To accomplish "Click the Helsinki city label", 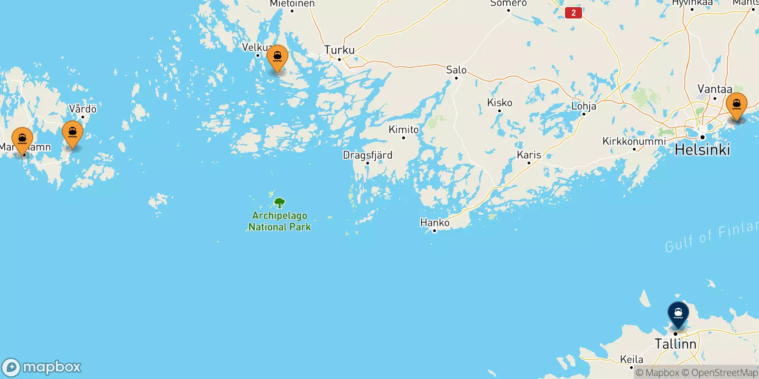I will pyautogui.click(x=702, y=150).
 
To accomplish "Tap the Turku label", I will pyautogui.click(x=339, y=50).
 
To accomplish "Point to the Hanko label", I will pyautogui.click(x=435, y=222).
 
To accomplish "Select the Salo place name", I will pyautogui.click(x=456, y=70).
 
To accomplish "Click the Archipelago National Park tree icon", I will pyautogui.click(x=280, y=203).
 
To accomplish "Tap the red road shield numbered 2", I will pyautogui.click(x=574, y=13).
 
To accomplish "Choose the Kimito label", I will pyautogui.click(x=404, y=129).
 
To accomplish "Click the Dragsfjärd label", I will pyautogui.click(x=368, y=155).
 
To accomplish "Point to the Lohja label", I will pyautogui.click(x=583, y=106).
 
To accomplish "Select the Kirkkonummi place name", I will pyautogui.click(x=634, y=141).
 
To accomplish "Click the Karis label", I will pyautogui.click(x=529, y=155).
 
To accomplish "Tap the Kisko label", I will pyautogui.click(x=500, y=103).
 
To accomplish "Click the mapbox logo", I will pyautogui.click(x=42, y=367).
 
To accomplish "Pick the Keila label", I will pyautogui.click(x=631, y=359).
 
